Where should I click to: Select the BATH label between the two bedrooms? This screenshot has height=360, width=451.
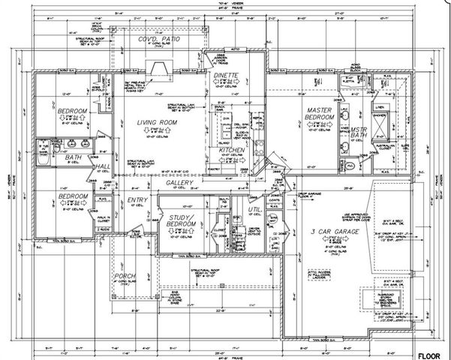coord(73,158)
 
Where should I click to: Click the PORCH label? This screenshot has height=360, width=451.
coord(125,279)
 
